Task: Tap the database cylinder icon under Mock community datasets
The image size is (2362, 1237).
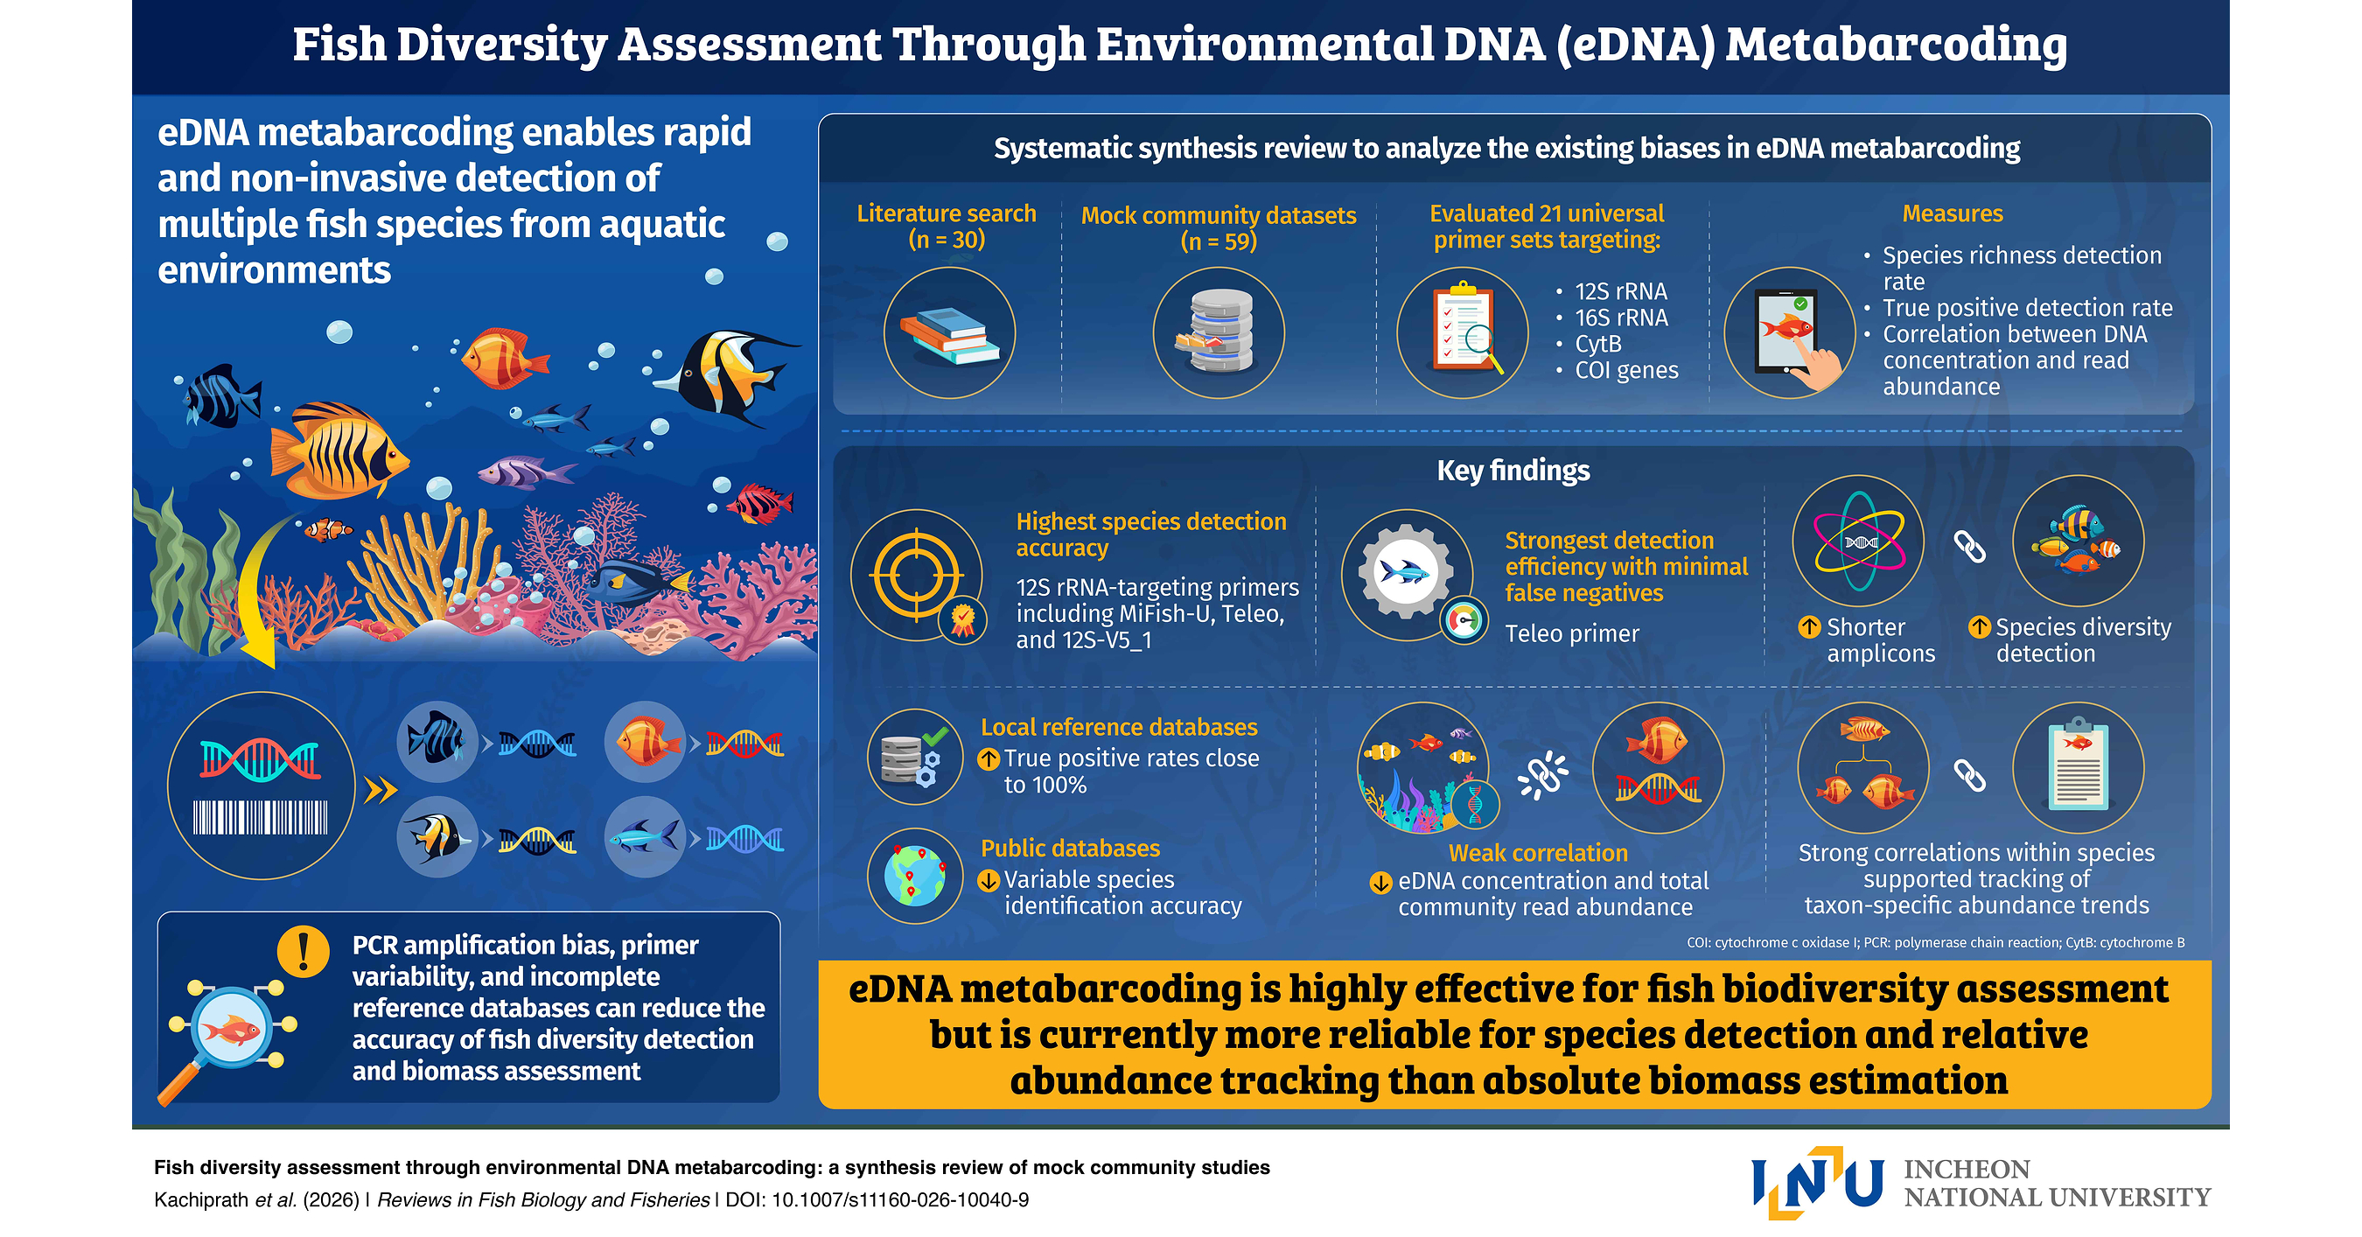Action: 1218,331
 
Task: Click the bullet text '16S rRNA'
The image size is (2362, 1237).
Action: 1621,318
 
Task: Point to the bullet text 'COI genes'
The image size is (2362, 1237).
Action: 1626,370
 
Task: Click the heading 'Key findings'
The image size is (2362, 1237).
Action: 1513,471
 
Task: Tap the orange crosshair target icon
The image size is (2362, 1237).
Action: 917,576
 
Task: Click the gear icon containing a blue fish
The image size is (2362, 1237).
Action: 1405,572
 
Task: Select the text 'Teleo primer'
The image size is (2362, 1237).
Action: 1572,633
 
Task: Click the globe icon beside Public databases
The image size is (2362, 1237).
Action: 914,876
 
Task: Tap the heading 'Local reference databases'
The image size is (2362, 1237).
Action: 1119,727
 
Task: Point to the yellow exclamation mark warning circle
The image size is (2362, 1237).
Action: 304,951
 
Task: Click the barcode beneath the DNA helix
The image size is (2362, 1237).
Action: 261,817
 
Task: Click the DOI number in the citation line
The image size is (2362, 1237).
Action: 900,1199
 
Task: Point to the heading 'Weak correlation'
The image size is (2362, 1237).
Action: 1538,853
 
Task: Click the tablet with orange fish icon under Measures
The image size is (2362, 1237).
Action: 1792,332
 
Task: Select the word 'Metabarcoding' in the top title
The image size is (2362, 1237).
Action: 1897,44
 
